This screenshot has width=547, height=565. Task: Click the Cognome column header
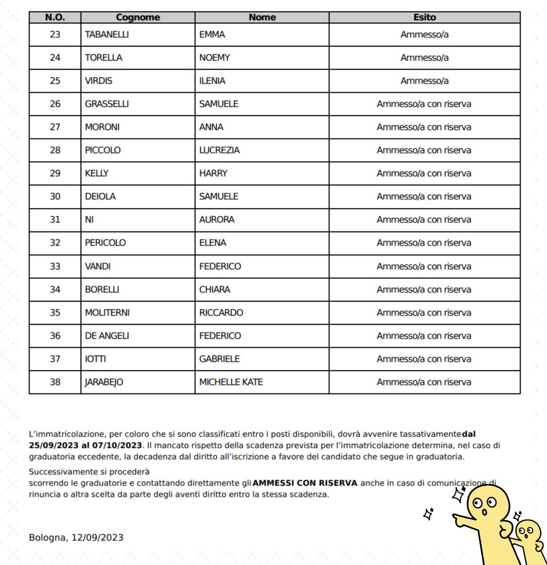138,17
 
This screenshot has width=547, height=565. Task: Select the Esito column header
424,17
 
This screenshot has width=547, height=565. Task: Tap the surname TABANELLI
107,34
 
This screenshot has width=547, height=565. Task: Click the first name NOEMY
215,58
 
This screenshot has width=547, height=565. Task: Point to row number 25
55,81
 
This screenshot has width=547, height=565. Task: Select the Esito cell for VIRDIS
424,81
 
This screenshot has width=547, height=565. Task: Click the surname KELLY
97,173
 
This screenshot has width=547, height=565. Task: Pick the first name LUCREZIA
219,150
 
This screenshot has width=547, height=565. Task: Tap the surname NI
89,220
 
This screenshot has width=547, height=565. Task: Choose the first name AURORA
217,220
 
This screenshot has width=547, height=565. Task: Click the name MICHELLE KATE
231,382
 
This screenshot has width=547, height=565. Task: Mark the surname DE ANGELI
107,336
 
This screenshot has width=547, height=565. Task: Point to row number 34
55,290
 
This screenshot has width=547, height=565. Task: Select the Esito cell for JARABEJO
424,382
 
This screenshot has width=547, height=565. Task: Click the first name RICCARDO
221,313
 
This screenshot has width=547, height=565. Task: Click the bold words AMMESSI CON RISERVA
305,483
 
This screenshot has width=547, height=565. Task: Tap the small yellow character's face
527,532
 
